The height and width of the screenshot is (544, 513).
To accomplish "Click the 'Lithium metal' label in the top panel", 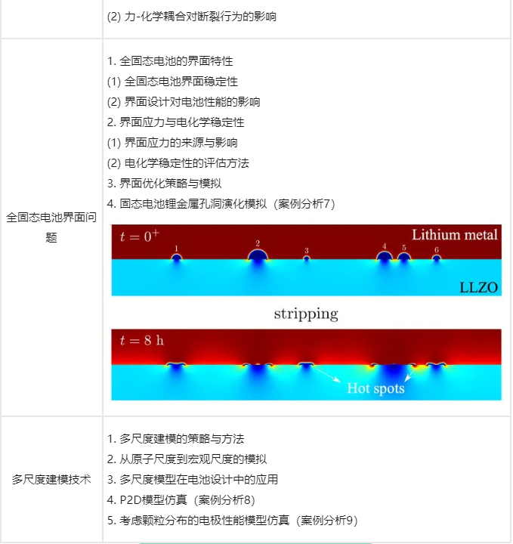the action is pyautogui.click(x=454, y=235).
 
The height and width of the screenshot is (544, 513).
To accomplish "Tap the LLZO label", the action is pyautogui.click(x=479, y=287).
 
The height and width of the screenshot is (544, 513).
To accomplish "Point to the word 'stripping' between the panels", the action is pyautogui.click(x=306, y=314).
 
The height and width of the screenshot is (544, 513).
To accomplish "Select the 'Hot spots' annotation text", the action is pyautogui.click(x=375, y=388).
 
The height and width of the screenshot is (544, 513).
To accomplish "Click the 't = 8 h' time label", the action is pyautogui.click(x=142, y=340).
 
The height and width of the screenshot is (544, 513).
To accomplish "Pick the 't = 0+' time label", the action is pyautogui.click(x=140, y=236).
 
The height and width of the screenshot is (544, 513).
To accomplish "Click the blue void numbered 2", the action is pyautogui.click(x=258, y=255).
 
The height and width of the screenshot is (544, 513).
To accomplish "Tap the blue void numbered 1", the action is pyautogui.click(x=177, y=257).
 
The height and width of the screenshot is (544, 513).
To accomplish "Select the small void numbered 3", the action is pyautogui.click(x=306, y=258).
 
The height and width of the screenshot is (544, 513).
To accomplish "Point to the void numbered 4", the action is pyautogui.click(x=385, y=256).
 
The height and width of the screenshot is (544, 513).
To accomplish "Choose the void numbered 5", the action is pyautogui.click(x=403, y=257).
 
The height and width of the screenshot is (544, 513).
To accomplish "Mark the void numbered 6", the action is pyautogui.click(x=437, y=258).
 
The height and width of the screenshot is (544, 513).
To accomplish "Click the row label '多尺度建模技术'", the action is pyautogui.click(x=51, y=480).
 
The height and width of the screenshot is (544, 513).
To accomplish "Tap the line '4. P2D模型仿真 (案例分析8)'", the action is pyautogui.click(x=181, y=500).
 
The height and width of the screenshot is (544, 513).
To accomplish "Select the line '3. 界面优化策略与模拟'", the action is pyautogui.click(x=164, y=183).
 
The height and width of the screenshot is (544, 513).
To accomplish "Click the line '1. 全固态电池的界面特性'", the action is pyautogui.click(x=170, y=61).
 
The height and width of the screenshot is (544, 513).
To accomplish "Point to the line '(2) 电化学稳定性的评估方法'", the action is pyautogui.click(x=178, y=163).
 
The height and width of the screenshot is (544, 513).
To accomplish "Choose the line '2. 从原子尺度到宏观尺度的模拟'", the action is pyautogui.click(x=187, y=459).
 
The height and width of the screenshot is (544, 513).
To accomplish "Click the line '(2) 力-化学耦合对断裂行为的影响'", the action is pyautogui.click(x=192, y=17).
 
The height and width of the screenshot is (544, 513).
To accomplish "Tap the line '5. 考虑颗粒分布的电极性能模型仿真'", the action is pyautogui.click(x=233, y=521).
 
